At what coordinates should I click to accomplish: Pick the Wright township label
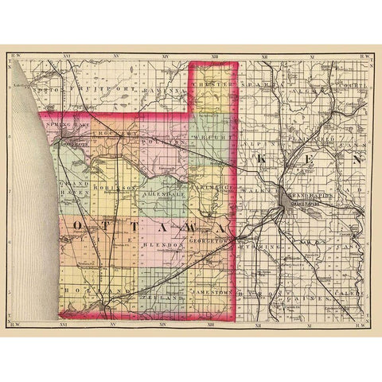click(212, 138)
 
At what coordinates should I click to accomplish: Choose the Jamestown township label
click(211, 293)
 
